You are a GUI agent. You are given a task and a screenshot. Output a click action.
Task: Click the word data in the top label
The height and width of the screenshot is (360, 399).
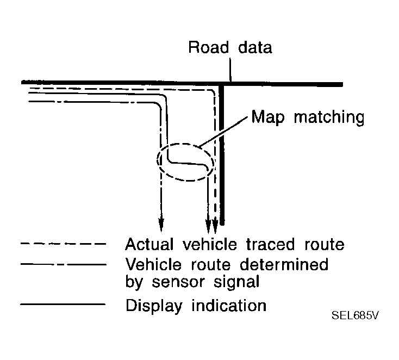coord(254,47)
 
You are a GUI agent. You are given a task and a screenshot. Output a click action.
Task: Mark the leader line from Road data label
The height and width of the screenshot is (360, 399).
coord(231,71)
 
